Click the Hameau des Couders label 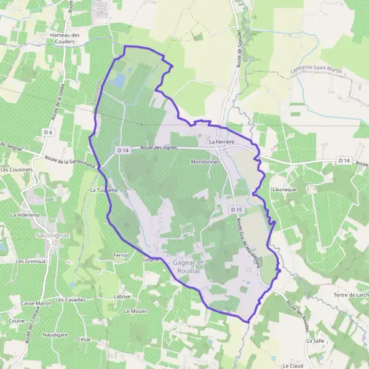pyautogui.click(x=65, y=38)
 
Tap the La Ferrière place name pyautogui.click(x=222, y=142)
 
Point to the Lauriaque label pyautogui.click(x=284, y=189)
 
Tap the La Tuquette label pyautogui.click(x=104, y=191)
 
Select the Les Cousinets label pyautogui.click(x=17, y=170)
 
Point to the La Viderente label pyautogui.click(x=25, y=215)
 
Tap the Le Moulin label pyautogui.click(x=135, y=311)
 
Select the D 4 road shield pyautogui.click(x=49, y=132)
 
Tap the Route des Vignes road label pyautogui.click(x=159, y=148)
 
